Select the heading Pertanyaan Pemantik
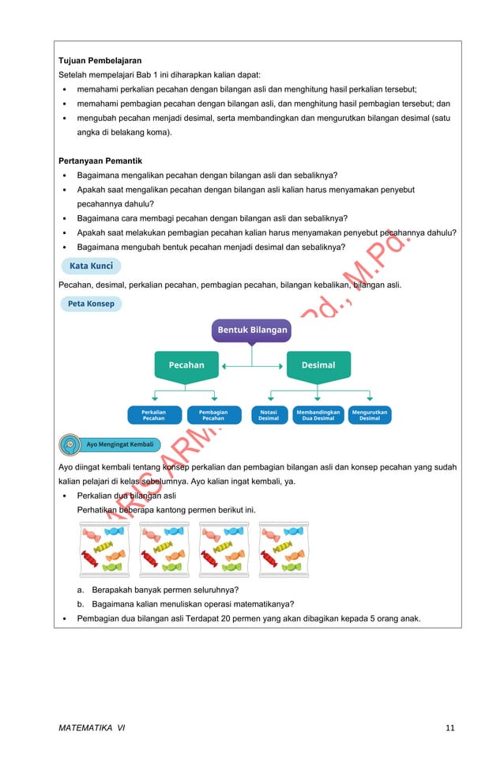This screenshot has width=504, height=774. tap(100, 160)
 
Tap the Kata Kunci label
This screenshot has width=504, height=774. tap(91, 266)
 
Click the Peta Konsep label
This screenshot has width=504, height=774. tap(91, 304)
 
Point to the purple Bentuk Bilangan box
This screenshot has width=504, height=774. tap(252, 330)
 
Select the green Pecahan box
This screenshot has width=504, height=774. tap(186, 365)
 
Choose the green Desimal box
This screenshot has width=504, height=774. tap(318, 365)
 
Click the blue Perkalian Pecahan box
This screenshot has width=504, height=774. tap(154, 415)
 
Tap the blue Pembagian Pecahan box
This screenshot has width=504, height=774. tap(213, 415)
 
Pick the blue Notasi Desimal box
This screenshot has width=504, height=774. tap(269, 415)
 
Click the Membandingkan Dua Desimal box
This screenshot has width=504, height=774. tap(318, 415)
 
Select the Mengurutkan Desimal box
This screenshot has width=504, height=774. tap(370, 415)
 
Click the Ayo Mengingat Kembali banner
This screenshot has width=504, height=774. tap(119, 444)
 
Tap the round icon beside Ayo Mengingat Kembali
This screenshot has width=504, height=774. tap(70, 444)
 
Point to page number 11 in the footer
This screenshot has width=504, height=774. tap(449, 728)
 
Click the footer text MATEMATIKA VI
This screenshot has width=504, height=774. tap(92, 728)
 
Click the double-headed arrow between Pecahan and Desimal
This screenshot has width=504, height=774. tap(252, 366)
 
